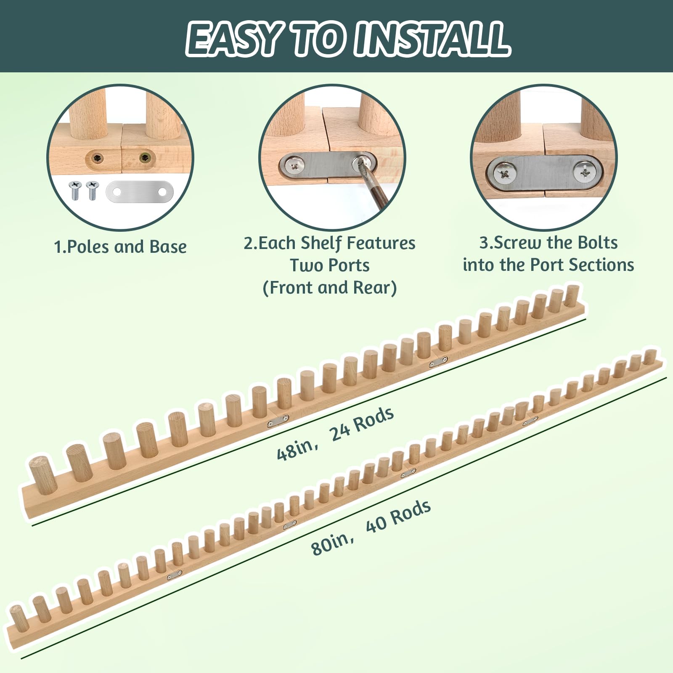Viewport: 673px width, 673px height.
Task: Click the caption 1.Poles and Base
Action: (120, 247)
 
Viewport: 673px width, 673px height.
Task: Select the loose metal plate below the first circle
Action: (140, 192)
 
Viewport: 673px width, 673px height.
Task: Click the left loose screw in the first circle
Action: (75, 190)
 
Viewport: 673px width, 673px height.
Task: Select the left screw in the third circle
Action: (505, 171)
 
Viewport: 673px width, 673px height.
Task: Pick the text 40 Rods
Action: (398, 516)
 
